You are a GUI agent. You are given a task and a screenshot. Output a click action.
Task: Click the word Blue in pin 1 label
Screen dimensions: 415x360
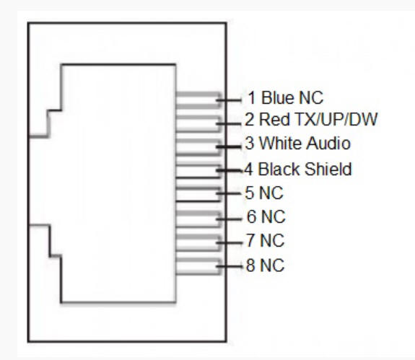278,97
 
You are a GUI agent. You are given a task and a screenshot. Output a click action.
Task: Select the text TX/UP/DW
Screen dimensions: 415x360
336,119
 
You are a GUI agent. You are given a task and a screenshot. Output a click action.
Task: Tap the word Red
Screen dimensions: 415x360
274,119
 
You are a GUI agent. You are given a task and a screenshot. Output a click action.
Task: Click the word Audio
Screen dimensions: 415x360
328,143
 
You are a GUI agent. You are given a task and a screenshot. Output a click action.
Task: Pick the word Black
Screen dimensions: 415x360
279,169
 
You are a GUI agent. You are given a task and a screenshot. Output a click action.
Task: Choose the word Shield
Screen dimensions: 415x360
328,169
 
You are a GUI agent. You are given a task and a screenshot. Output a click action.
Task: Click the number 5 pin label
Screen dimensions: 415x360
250,193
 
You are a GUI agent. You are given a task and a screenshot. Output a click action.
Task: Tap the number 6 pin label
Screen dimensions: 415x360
252,216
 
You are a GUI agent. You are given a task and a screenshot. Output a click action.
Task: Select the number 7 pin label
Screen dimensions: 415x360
250,240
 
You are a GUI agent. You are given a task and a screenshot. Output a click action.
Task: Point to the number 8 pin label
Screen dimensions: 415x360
250,265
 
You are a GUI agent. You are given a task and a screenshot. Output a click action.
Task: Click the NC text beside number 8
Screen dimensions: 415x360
272,265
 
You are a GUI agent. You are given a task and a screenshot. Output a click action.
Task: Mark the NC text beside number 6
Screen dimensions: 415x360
274,216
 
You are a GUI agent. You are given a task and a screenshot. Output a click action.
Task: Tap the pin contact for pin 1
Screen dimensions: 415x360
198,100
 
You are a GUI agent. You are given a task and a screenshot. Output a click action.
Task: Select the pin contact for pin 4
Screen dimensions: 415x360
198,170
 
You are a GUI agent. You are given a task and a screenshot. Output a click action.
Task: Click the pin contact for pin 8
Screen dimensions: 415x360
198,266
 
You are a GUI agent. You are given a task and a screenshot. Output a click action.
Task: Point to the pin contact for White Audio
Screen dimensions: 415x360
198,146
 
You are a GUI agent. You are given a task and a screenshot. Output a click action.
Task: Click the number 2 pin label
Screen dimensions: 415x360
249,119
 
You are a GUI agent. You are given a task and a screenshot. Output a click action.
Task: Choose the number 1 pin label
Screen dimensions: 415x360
252,97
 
